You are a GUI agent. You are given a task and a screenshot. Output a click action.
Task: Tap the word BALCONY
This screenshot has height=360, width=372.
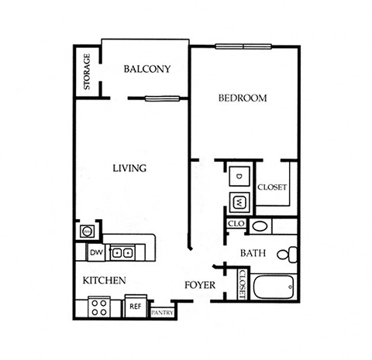click(x=147, y=69)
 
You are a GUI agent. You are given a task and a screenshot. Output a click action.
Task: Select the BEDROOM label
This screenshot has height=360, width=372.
click(x=243, y=98)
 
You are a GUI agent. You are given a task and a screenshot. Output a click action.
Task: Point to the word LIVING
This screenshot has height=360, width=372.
click(x=129, y=168)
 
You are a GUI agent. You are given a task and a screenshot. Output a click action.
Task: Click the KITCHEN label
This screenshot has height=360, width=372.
click(x=102, y=279)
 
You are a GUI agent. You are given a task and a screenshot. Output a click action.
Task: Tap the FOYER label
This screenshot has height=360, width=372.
click(x=199, y=284)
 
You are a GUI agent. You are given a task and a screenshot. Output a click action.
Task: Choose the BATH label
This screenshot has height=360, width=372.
click(x=253, y=253)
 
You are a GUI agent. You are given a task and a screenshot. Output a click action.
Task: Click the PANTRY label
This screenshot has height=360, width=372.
click(x=163, y=313)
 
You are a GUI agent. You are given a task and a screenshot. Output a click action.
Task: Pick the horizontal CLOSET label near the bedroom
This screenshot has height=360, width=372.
click(x=272, y=187)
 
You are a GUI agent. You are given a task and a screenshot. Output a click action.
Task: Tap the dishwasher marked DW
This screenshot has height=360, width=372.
click(x=96, y=252)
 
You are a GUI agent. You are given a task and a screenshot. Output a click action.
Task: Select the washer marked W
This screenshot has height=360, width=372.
click(x=239, y=203)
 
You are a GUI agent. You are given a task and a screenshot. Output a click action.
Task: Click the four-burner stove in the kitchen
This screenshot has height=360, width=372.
click(x=99, y=307)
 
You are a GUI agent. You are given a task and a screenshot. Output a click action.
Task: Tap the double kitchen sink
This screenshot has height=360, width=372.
click(x=121, y=252)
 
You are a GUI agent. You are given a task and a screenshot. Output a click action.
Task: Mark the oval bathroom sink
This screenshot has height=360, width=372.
click(x=260, y=227)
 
